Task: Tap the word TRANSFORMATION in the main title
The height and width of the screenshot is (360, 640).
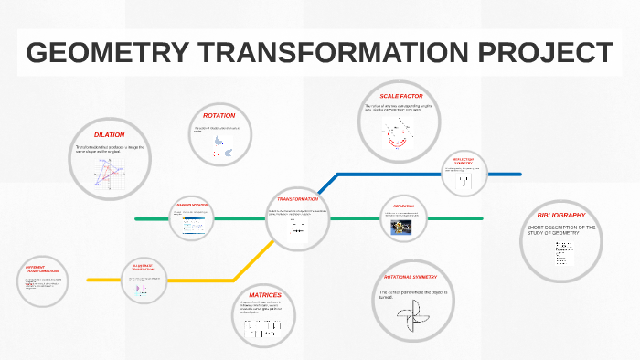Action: point(327,54)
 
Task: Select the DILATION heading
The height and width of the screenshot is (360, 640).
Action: point(109,134)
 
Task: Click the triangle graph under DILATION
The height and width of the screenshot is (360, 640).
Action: point(107,172)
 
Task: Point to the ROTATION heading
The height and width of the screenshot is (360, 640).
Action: point(219,116)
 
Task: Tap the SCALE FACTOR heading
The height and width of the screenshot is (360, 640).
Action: point(400,96)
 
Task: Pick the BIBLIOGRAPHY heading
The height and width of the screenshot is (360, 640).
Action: point(561,215)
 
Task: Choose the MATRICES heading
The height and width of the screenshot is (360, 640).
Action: point(265,295)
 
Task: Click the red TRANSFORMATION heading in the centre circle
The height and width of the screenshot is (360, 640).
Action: point(298,198)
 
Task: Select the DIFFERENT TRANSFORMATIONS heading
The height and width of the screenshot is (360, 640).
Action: point(43,270)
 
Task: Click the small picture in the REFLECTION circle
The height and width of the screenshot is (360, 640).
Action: point(402,229)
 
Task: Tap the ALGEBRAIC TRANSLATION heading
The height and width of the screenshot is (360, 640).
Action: point(144,266)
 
